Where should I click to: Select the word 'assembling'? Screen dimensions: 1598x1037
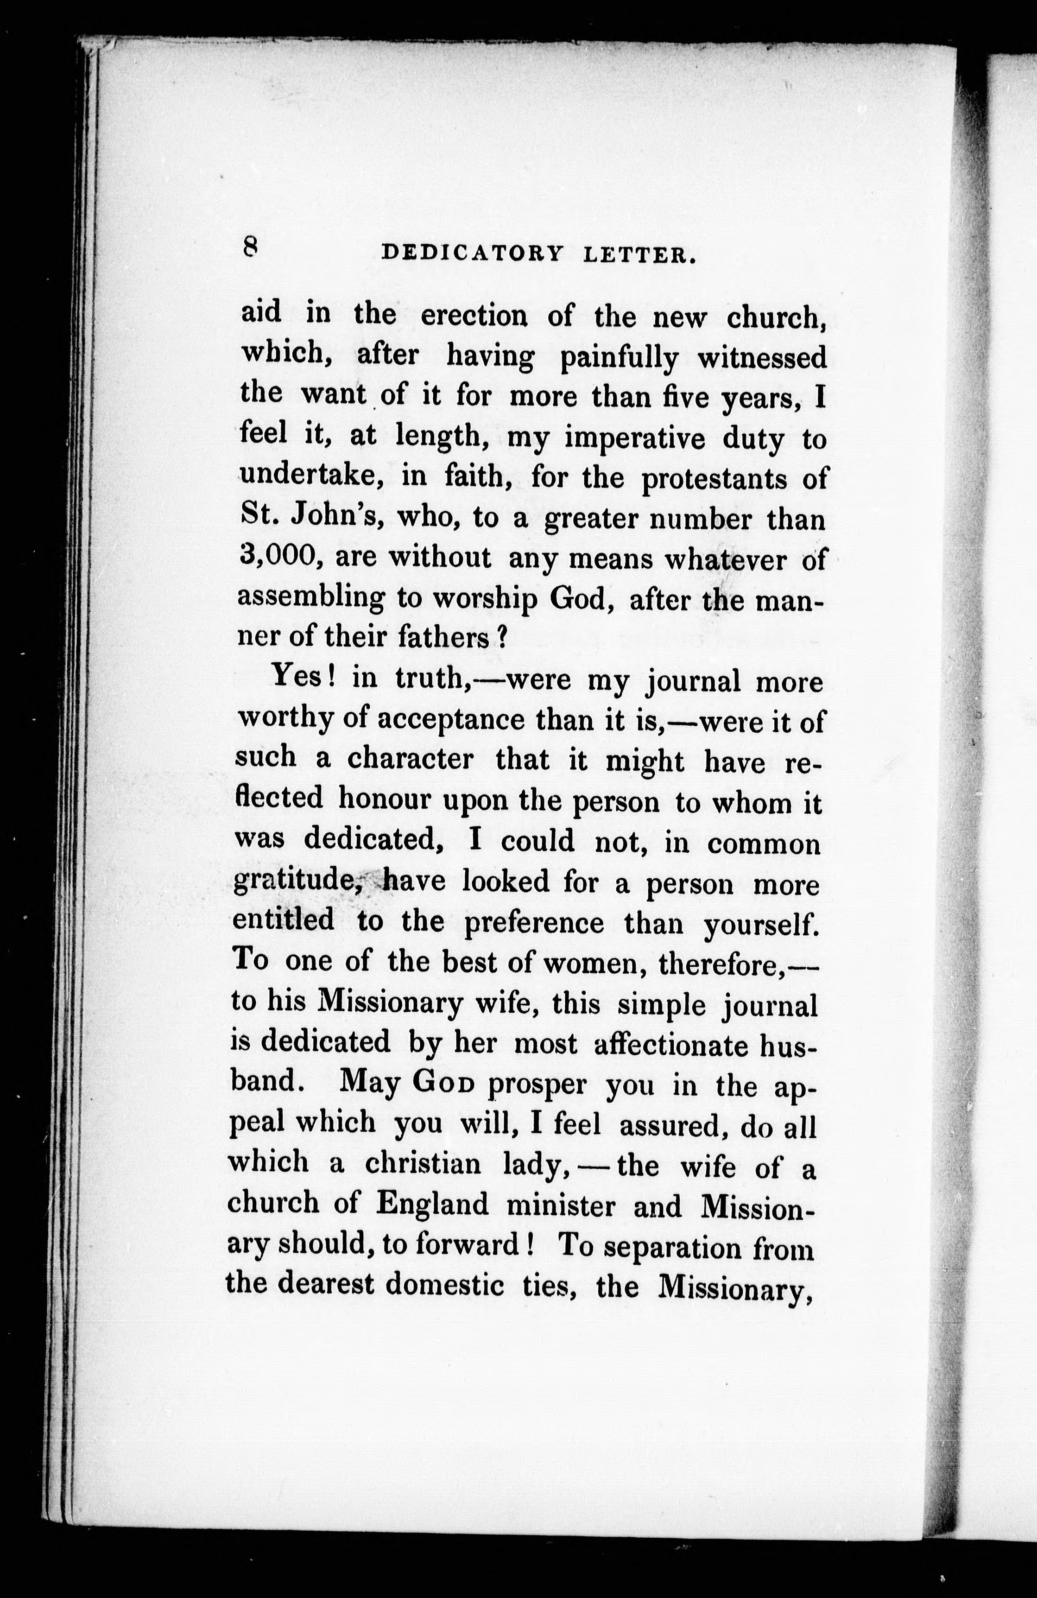click(x=311, y=599)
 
